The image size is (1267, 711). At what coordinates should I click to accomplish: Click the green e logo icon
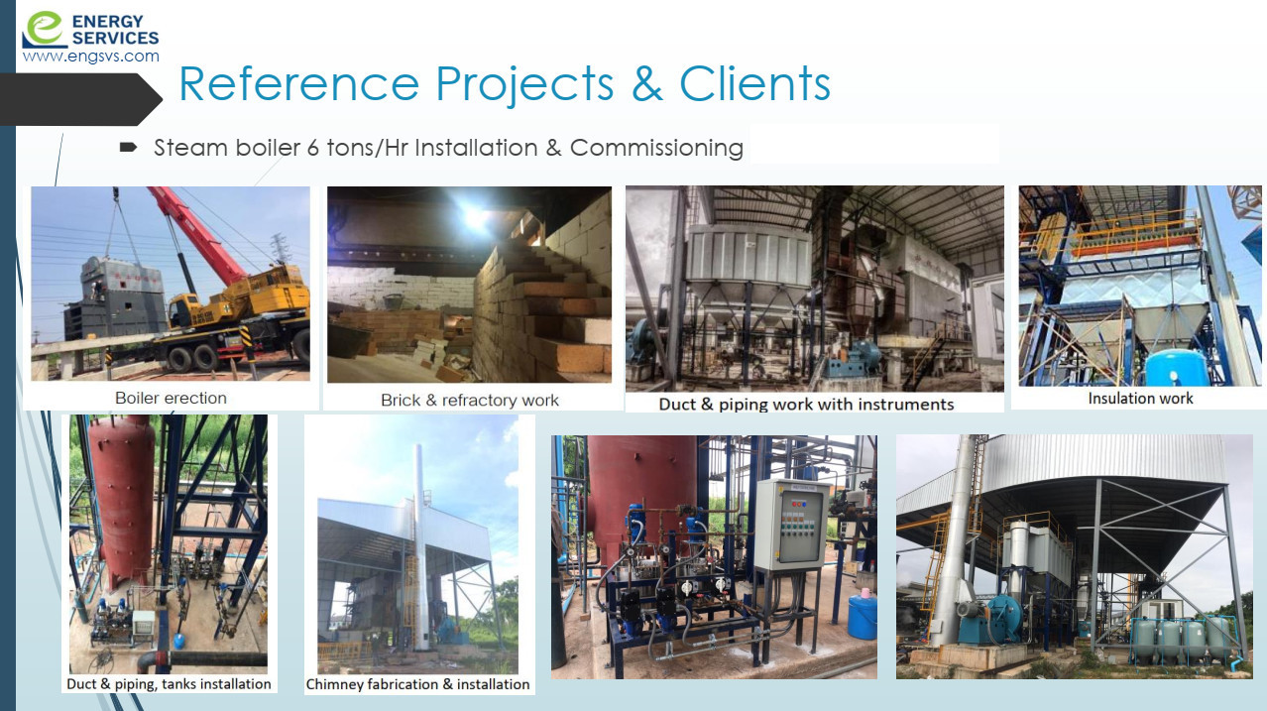pyautogui.click(x=45, y=30)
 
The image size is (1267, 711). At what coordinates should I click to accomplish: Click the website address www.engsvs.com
pyautogui.click(x=91, y=57)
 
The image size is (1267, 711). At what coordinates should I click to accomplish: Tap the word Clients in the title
pyautogui.click(x=754, y=83)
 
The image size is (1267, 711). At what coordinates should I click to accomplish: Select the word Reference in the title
pyautogui.click(x=298, y=83)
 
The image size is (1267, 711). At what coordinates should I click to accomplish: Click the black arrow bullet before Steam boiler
pyautogui.click(x=129, y=148)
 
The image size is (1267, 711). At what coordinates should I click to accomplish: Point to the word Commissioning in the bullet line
pyautogui.click(x=656, y=148)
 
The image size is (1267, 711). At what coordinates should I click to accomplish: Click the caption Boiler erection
pyautogui.click(x=171, y=399)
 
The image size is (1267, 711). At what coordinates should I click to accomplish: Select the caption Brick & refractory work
pyautogui.click(x=470, y=401)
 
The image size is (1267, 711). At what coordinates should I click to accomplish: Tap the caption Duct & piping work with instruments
pyautogui.click(x=806, y=404)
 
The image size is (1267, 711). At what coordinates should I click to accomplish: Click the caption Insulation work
pyautogui.click(x=1140, y=399)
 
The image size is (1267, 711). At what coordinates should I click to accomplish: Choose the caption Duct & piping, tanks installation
pyautogui.click(x=169, y=684)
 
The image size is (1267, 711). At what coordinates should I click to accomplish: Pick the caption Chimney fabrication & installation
pyautogui.click(x=417, y=684)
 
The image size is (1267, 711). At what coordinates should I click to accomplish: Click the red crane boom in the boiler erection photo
pyautogui.click(x=198, y=236)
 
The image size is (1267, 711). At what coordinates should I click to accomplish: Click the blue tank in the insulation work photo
pyautogui.click(x=1176, y=368)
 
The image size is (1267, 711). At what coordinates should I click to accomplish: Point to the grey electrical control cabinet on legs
pyautogui.click(x=792, y=525)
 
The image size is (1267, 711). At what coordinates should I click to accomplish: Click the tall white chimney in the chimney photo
pyautogui.click(x=419, y=546)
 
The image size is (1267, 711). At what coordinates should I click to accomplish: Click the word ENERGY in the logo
pyautogui.click(x=107, y=22)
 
